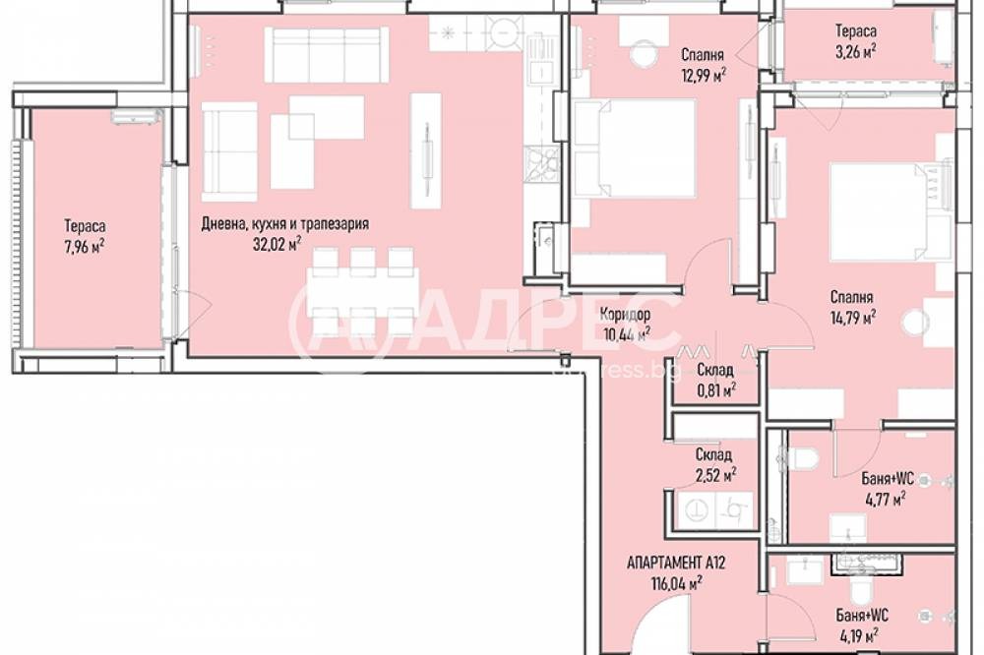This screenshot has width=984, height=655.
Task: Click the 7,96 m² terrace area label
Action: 84,247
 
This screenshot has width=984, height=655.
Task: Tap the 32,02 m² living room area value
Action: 277,244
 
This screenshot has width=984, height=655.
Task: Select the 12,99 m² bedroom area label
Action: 704,76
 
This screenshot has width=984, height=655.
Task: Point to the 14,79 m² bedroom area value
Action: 853,318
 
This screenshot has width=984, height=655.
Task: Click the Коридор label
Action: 625,314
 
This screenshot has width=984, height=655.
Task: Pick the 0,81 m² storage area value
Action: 716,390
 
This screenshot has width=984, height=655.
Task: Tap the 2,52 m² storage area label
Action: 716,475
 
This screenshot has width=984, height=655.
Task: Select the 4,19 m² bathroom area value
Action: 857,635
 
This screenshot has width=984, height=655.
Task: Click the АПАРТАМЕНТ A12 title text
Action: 676,563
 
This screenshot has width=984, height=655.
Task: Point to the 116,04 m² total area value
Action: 677,584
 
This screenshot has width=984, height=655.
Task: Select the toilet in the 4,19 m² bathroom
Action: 858,588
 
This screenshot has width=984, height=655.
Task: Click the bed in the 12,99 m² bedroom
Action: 634,149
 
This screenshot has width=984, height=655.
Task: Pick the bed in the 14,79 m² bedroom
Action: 892,211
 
